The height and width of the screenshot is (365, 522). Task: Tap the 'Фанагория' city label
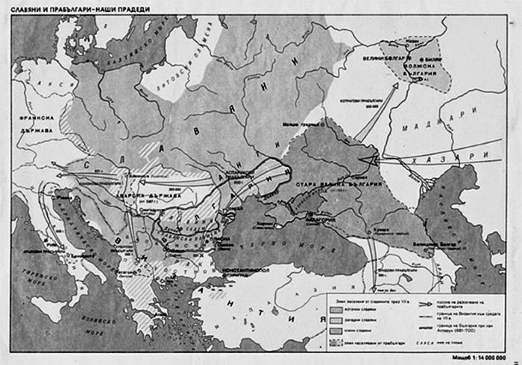(321, 220)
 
